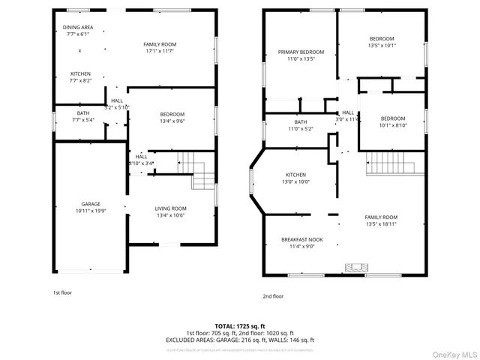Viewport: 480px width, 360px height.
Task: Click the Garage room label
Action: point(91,204)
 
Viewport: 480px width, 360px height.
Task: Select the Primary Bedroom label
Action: point(295,52)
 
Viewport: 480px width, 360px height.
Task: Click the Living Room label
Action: point(171,208)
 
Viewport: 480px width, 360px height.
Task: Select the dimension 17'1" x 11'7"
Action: point(160,52)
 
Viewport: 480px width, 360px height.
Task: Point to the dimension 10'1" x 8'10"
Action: point(392,125)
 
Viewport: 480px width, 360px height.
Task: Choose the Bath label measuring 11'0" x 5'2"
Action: point(301,129)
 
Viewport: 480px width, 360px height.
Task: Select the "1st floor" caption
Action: point(62,292)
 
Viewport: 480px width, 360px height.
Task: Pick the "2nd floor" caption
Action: point(274,296)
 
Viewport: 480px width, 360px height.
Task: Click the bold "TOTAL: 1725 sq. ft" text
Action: point(240,326)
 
